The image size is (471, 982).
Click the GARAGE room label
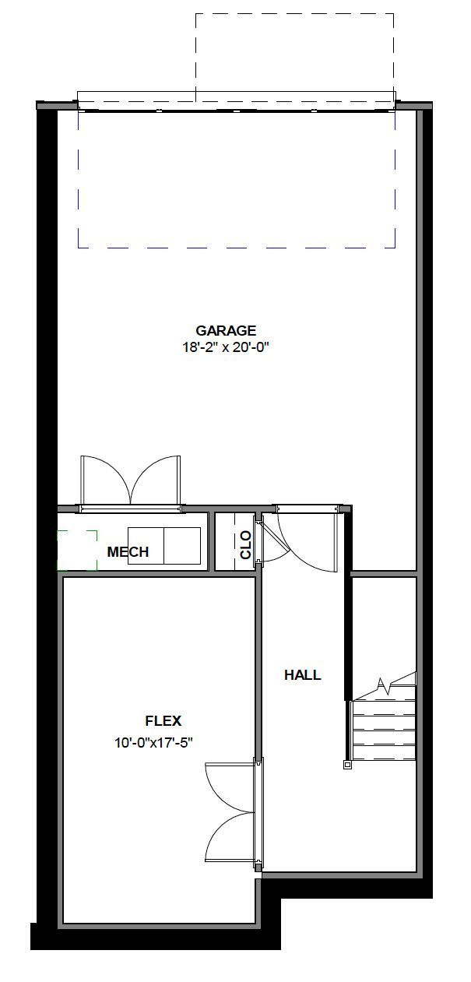tap(226, 330)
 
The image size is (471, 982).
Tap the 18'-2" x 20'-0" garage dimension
tap(226, 347)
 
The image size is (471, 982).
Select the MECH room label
tap(128, 552)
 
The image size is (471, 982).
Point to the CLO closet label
tap(246, 544)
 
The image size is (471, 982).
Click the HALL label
tap(302, 675)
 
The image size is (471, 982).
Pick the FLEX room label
tap(163, 721)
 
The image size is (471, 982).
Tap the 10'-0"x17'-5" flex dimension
tap(153, 742)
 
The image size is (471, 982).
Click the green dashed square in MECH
tap(77, 551)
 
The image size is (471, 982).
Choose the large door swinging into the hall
tap(308, 541)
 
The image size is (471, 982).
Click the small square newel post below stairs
tap(347, 765)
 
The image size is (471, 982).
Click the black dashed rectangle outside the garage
tap(294, 55)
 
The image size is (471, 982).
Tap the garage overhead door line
tap(236, 110)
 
